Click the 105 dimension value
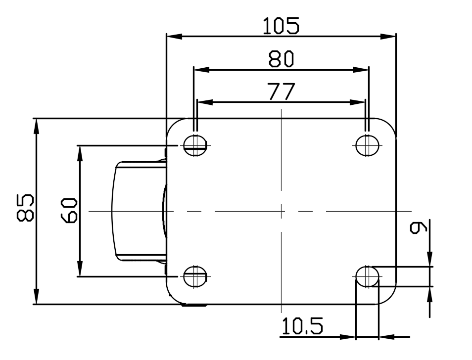point(281,26)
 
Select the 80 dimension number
point(281,59)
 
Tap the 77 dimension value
point(281,91)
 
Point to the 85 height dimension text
point(25,208)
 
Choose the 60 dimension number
point(69,210)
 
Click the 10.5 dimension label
point(302,326)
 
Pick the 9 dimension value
point(419,227)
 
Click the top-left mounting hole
point(195,146)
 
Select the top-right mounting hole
point(367,146)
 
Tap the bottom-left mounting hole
point(195,276)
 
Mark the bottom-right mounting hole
point(367,276)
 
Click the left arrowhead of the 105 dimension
point(174,37)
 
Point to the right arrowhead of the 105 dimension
point(388,37)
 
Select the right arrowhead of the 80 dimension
point(361,70)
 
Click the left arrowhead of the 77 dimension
point(205,102)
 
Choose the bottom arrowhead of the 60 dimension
point(80,269)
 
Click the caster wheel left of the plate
point(139,211)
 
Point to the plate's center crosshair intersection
point(281,211)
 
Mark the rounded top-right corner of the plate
point(390,125)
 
